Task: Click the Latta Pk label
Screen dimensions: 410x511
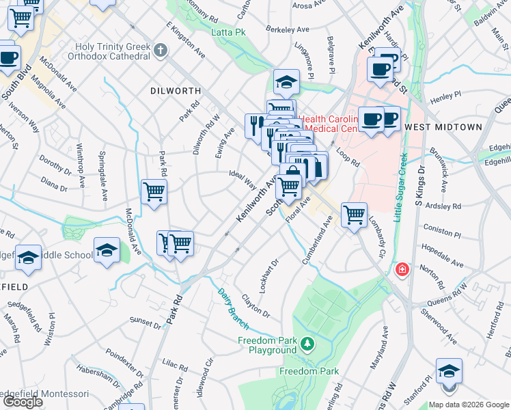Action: pyautogui.click(x=228, y=32)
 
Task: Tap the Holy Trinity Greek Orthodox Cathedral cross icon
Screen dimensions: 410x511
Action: pyautogui.click(x=161, y=50)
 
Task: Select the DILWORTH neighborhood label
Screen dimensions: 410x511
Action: pyautogui.click(x=176, y=90)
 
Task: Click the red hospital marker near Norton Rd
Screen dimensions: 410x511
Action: pyautogui.click(x=403, y=269)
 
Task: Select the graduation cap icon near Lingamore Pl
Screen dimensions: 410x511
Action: pyautogui.click(x=287, y=83)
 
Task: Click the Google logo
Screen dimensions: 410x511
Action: pyautogui.click(x=23, y=402)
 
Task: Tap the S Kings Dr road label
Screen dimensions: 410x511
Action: pyautogui.click(x=418, y=184)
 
